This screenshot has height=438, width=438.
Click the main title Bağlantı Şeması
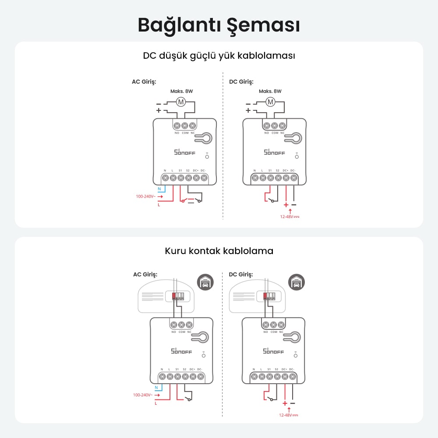[x=219, y=25]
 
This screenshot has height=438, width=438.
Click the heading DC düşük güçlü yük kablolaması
[x=219, y=56]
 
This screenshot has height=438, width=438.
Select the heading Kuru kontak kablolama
[x=219, y=251]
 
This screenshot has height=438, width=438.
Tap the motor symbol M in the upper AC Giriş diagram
[x=181, y=102]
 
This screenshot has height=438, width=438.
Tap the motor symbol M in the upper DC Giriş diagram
[x=270, y=102]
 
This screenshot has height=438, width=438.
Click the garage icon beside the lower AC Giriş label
[x=205, y=282]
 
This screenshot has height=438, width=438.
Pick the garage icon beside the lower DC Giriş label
[x=297, y=282]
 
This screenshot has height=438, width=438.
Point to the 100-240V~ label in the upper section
[x=145, y=196]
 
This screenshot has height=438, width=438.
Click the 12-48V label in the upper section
[x=290, y=216]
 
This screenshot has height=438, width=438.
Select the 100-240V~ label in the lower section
[x=143, y=395]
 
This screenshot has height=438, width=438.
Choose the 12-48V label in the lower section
[x=289, y=415]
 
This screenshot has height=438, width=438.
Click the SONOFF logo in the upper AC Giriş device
[x=185, y=152]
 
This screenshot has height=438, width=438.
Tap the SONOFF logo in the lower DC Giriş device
[x=273, y=351]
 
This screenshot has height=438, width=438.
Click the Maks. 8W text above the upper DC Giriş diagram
[x=270, y=92]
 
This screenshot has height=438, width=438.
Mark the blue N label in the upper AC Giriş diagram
[x=159, y=189]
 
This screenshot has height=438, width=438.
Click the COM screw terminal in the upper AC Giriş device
[x=185, y=126]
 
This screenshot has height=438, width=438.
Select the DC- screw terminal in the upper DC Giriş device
[x=293, y=178]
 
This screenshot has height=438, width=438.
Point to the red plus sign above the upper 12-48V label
[x=286, y=205]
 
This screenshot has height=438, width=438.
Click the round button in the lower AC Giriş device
[x=204, y=356]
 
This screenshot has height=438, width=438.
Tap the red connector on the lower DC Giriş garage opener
[x=265, y=296]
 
